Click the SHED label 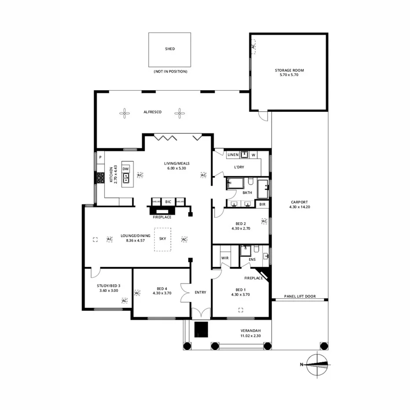click(x=170, y=49)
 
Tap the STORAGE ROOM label click(x=289, y=70)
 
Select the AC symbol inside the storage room click(x=253, y=46)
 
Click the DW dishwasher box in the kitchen click(x=125, y=169)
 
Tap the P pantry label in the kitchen click(x=100, y=157)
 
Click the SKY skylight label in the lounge click(x=163, y=238)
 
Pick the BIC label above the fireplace click(x=168, y=201)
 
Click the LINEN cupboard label click(x=233, y=155)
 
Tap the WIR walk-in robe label click(x=224, y=258)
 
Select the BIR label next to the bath click(x=262, y=205)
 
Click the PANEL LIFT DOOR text click(x=300, y=297)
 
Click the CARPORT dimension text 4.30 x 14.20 click(x=300, y=207)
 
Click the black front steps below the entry click(x=201, y=329)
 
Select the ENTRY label click(x=200, y=292)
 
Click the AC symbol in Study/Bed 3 click(x=124, y=300)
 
